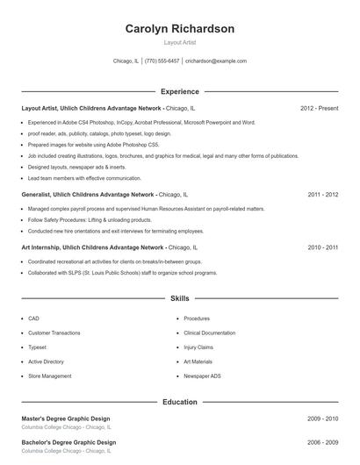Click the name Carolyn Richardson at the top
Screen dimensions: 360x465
pos(180,29)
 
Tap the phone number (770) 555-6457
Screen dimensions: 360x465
pos(162,61)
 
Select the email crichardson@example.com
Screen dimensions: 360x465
pos(216,61)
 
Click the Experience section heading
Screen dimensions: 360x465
pos(180,91)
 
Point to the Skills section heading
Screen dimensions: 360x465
pos(180,299)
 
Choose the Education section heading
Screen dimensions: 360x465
pos(180,402)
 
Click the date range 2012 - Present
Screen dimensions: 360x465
pos(319,108)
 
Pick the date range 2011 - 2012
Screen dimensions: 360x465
pos(323,194)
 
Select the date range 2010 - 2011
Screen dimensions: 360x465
pos(323,248)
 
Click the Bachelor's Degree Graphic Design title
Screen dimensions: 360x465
pos(68,442)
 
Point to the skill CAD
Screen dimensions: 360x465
pos(33,318)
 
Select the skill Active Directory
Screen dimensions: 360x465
pos(46,361)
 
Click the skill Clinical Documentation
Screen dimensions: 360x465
pos(209,333)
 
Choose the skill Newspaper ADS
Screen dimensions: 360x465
pos(202,376)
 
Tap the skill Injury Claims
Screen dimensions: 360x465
pos(198,347)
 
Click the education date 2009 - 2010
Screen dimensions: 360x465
pos(323,419)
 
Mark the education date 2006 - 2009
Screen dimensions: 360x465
pos(323,442)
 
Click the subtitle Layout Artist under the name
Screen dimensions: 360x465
pos(180,42)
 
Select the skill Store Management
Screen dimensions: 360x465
pos(50,376)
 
